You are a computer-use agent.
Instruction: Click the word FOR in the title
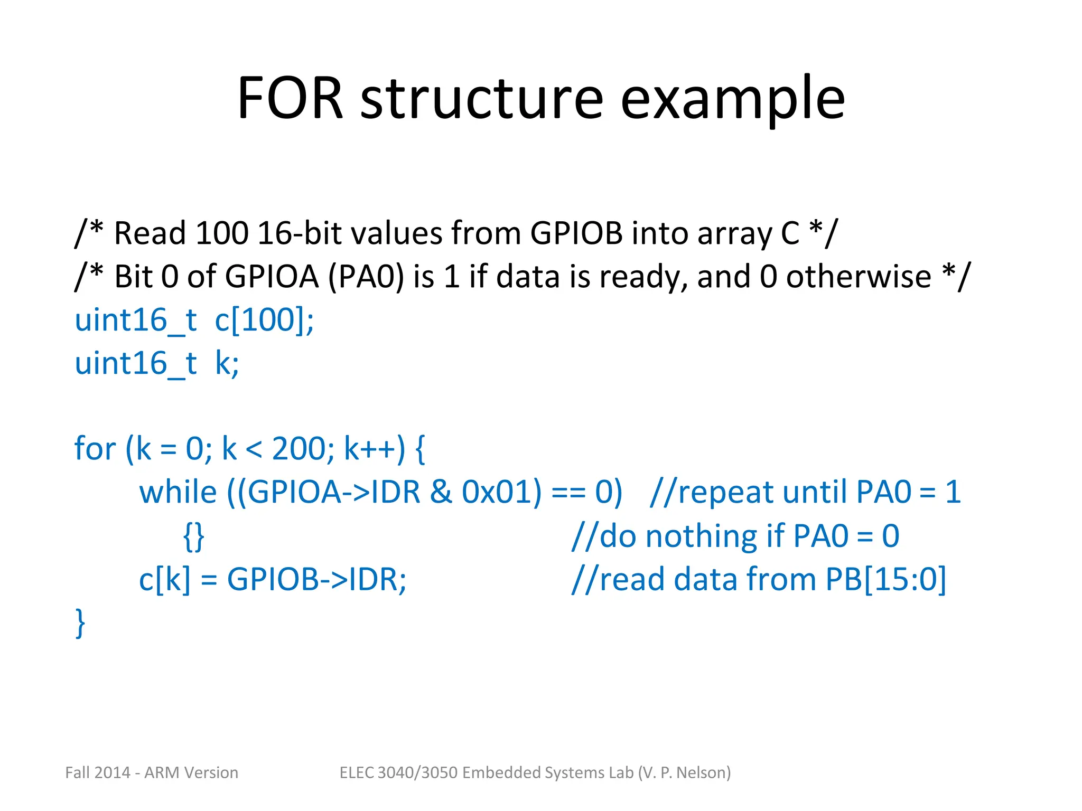pyautogui.click(x=290, y=99)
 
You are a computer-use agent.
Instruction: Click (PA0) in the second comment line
pyautogui.click(x=366, y=276)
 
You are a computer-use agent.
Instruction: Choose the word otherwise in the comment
pyautogui.click(x=859, y=276)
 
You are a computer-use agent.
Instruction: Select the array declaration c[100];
pyautogui.click(x=264, y=320)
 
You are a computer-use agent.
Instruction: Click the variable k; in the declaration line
pyautogui.click(x=227, y=363)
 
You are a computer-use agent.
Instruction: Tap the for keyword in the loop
pyautogui.click(x=95, y=449)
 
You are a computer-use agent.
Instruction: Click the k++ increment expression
pyautogui.click(x=373, y=449)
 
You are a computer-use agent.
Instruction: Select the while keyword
pyautogui.click(x=178, y=492)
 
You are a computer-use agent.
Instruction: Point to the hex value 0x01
pyautogui.click(x=501, y=492)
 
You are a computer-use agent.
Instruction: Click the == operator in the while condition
pyautogui.click(x=568, y=492)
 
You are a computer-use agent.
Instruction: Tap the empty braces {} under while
pyautogui.click(x=193, y=536)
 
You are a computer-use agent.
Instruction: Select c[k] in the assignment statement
pyautogui.click(x=164, y=580)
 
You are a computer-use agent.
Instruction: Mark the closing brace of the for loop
pyautogui.click(x=80, y=623)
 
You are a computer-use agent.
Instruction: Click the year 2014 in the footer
pyautogui.click(x=113, y=772)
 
